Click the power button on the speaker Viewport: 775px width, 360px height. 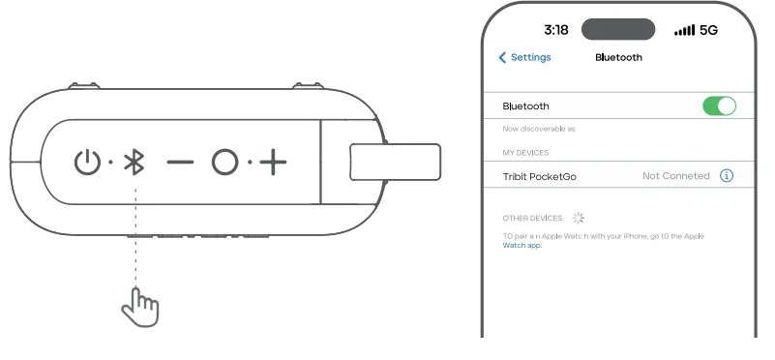(x=88, y=163)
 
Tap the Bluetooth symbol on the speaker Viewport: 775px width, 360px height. (x=136, y=163)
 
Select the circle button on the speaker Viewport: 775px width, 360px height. (x=224, y=163)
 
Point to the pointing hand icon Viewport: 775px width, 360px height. (x=139, y=307)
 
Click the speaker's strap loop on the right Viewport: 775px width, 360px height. (x=394, y=162)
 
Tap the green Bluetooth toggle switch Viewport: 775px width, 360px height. (x=719, y=106)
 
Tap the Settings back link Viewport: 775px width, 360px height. (x=524, y=57)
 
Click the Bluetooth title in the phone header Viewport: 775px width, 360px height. (x=618, y=57)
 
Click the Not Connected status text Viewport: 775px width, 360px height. (x=675, y=176)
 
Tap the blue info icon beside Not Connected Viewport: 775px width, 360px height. (x=727, y=176)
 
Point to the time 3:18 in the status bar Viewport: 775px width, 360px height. (x=556, y=30)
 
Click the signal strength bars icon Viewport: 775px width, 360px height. (x=684, y=30)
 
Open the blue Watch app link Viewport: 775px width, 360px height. (x=522, y=246)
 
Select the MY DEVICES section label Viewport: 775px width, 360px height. (x=525, y=153)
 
